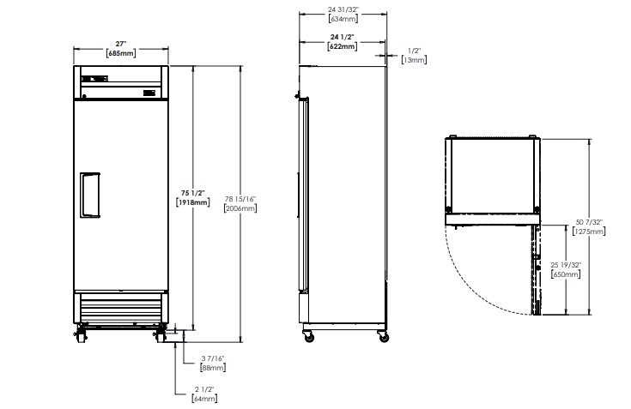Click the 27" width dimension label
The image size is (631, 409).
pyautogui.click(x=121, y=44)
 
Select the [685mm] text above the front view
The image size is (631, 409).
pyautogui.click(x=121, y=53)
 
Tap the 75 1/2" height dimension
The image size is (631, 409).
pyautogui.click(x=193, y=193)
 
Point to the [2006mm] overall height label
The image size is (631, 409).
pyautogui.click(x=240, y=208)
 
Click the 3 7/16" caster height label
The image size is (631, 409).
pyautogui.click(x=213, y=358)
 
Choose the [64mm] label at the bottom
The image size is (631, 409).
pyautogui.click(x=204, y=399)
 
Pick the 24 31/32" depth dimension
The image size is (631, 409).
pyautogui.click(x=343, y=9)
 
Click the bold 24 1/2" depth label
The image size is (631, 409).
pyautogui.click(x=342, y=37)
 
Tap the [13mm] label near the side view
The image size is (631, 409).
pyautogui.click(x=414, y=60)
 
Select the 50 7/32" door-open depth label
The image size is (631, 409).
pyautogui.click(x=589, y=222)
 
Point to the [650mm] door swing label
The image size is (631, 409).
pyautogui.click(x=566, y=274)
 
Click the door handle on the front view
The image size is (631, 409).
pyautogui.click(x=90, y=195)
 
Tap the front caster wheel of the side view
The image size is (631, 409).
pyautogui.click(x=309, y=337)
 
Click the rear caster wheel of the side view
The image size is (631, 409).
pyautogui.click(x=384, y=337)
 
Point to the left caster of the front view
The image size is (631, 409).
pyautogui.click(x=82, y=334)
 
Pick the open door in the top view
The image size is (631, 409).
pyautogui.click(x=537, y=270)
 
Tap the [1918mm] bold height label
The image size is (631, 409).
pyautogui.click(x=193, y=202)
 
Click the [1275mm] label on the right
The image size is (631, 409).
pyautogui.click(x=589, y=232)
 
